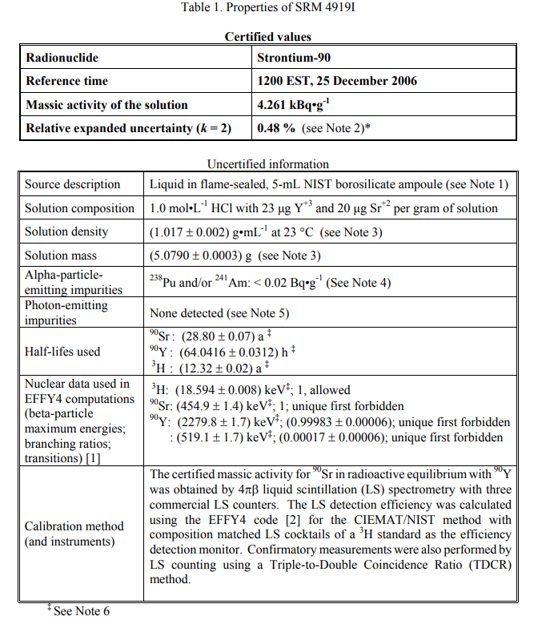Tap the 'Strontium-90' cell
(x=294, y=58)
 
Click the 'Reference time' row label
(x=66, y=81)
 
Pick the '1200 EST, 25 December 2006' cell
(x=337, y=81)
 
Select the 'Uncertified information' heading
(x=267, y=164)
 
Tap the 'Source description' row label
(x=72, y=184)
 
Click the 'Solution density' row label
(x=66, y=231)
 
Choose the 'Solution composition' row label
(x=79, y=208)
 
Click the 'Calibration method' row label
(x=74, y=526)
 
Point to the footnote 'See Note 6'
(x=82, y=611)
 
